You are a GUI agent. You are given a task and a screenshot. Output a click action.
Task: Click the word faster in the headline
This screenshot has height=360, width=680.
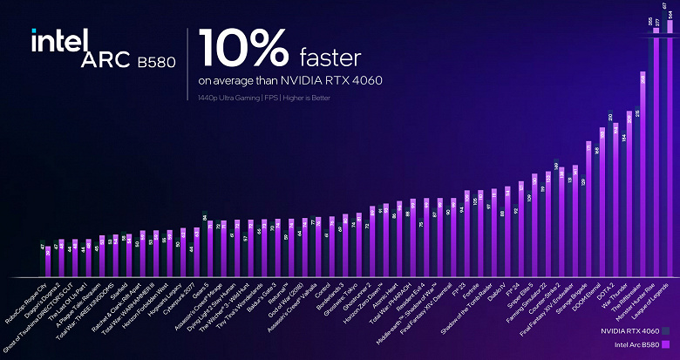(x=330, y=58)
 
